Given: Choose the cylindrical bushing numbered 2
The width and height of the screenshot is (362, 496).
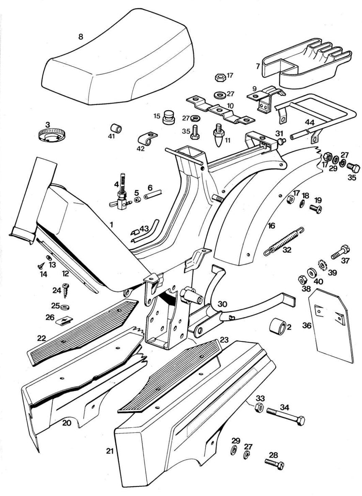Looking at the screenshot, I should coord(278,327).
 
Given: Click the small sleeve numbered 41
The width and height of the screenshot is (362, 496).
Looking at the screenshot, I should coord(116,127).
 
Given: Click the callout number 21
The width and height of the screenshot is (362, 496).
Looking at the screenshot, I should coord(110,451).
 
